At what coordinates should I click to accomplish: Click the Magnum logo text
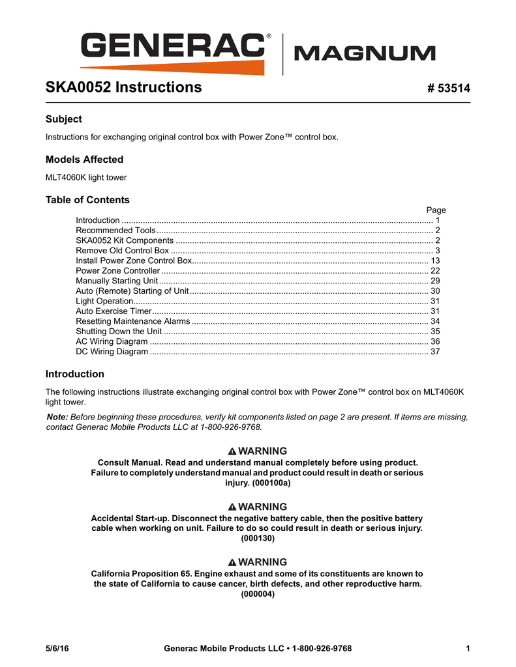(x=365, y=53)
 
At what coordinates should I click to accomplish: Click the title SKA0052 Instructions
(x=123, y=87)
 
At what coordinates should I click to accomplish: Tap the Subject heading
(x=63, y=119)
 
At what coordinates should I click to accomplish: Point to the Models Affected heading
(x=84, y=160)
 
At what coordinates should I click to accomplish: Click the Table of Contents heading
(x=87, y=200)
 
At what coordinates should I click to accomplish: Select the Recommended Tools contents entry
(x=115, y=231)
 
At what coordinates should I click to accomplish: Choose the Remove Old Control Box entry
(x=123, y=251)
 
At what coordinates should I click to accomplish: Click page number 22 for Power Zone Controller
(x=435, y=271)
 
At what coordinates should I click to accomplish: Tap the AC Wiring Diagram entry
(x=112, y=342)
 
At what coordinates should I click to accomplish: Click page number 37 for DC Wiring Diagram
(x=435, y=352)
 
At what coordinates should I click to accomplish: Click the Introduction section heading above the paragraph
(x=74, y=375)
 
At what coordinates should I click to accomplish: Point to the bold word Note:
(x=57, y=417)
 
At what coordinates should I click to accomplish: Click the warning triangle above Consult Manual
(x=232, y=451)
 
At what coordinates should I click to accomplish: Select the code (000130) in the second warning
(x=258, y=539)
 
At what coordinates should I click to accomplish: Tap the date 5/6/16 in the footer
(x=57, y=648)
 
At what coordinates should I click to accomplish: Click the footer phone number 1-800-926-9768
(x=322, y=648)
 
